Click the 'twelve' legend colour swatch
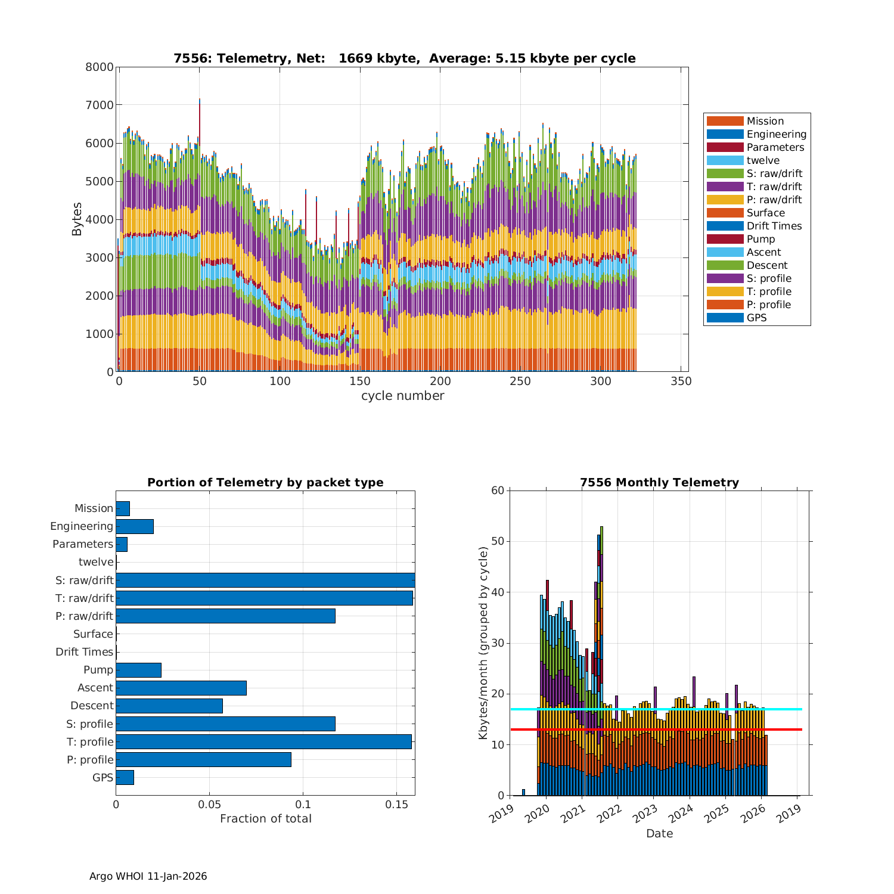tap(725, 160)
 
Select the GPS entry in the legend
tap(756, 318)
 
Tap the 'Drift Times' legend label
tap(774, 226)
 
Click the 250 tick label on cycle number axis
tap(520, 381)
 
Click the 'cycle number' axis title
tap(402, 396)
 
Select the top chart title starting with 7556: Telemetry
tap(404, 58)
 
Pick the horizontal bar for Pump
tap(138, 670)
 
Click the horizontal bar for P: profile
tap(203, 759)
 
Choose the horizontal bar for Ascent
tap(181, 688)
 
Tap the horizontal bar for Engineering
tap(135, 526)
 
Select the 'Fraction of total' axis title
tap(265, 819)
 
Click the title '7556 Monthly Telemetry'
tap(659, 483)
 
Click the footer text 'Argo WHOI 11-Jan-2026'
tap(148, 876)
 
